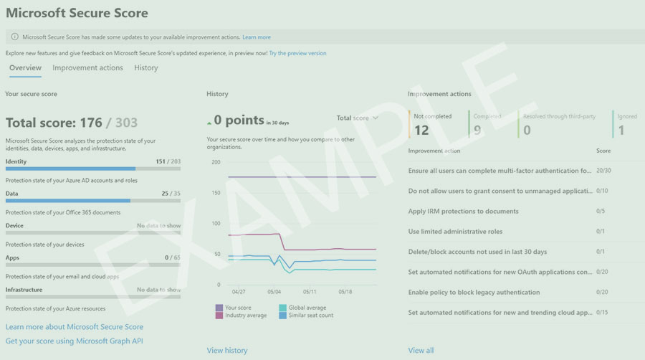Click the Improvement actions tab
(87, 68)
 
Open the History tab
(146, 68)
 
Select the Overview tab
(25, 68)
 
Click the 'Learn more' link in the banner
(257, 37)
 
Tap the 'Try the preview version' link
(297, 53)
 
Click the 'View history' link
(226, 351)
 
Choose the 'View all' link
(421, 351)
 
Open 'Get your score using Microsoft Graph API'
(75, 341)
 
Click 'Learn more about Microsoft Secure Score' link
(75, 327)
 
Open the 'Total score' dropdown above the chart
(357, 118)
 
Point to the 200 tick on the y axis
(216, 162)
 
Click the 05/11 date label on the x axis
(310, 293)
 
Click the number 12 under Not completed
(421, 130)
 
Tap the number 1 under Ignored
(621, 130)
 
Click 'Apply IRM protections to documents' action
(463, 212)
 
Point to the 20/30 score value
(603, 171)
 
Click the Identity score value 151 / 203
(168, 162)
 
